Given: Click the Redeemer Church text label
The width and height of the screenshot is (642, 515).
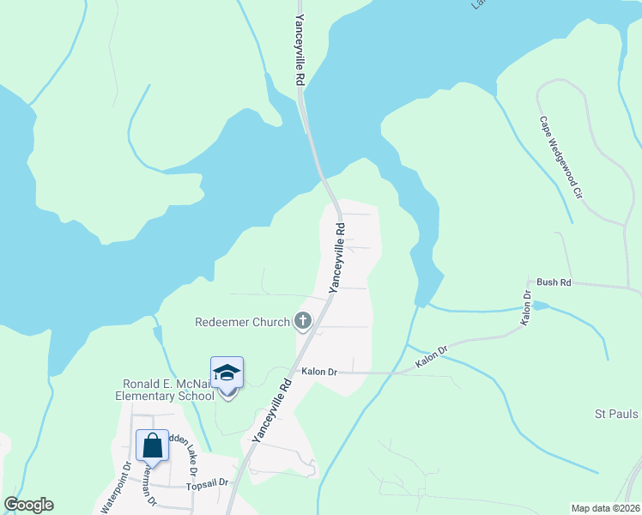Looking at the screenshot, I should [242, 323].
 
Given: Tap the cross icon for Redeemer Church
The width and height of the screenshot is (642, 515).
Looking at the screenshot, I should [302, 322].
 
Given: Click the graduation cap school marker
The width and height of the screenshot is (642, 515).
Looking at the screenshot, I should [227, 373].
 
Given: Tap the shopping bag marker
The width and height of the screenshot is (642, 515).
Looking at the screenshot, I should [152, 446].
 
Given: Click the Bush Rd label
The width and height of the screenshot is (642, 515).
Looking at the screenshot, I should [554, 282].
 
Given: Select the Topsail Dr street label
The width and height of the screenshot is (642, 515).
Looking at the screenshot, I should [207, 483].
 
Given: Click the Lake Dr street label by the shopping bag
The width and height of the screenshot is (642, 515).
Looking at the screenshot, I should [187, 456].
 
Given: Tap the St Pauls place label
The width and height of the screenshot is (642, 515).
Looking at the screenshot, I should [616, 415].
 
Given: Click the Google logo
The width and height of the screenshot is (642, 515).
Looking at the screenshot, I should [28, 505].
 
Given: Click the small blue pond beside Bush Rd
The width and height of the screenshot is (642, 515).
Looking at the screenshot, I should [540, 306].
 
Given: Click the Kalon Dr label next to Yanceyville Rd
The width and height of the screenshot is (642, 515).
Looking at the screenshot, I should [319, 372].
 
